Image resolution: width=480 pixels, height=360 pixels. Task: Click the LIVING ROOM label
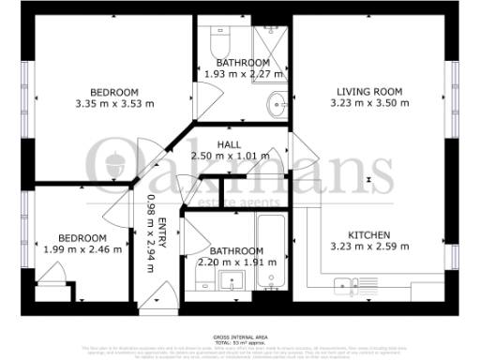tap(369, 91)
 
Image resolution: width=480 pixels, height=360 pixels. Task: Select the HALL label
tap(229, 144)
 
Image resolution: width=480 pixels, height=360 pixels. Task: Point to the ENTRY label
tap(162, 231)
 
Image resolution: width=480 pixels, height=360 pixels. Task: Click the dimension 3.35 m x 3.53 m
tap(114, 103)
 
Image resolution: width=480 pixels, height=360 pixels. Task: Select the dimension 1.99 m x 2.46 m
tap(82, 250)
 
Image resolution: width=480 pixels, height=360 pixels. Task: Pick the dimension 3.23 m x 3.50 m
tap(369, 103)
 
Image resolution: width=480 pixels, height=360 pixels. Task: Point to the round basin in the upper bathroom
tap(275, 102)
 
